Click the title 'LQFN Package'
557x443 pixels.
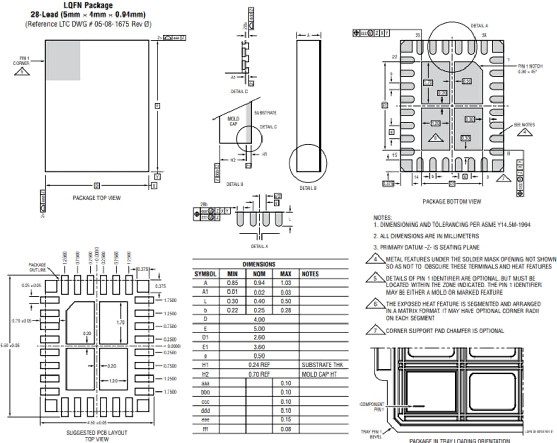tap(88, 6)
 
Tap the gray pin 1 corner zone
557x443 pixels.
tap(63, 60)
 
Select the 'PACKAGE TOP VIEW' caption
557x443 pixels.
tap(96, 198)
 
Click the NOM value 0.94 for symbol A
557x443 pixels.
tap(259, 283)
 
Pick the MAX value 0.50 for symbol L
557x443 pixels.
tap(286, 301)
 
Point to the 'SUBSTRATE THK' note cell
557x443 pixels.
tap(322, 365)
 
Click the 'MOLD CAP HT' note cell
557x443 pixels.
tap(319, 374)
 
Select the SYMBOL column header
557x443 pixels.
tap(205, 274)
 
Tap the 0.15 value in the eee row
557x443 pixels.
tap(286, 420)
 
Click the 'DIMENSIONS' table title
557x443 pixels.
tap(259, 264)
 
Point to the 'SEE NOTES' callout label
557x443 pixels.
tap(524, 125)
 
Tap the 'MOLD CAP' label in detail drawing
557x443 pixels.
tap(233, 121)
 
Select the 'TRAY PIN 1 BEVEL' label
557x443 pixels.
tap(371, 434)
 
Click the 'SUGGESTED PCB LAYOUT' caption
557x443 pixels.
tap(96, 433)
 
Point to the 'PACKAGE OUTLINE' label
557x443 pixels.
tap(37, 267)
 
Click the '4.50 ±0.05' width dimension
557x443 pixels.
tap(96, 422)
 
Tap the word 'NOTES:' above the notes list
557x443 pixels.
tap(383, 218)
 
